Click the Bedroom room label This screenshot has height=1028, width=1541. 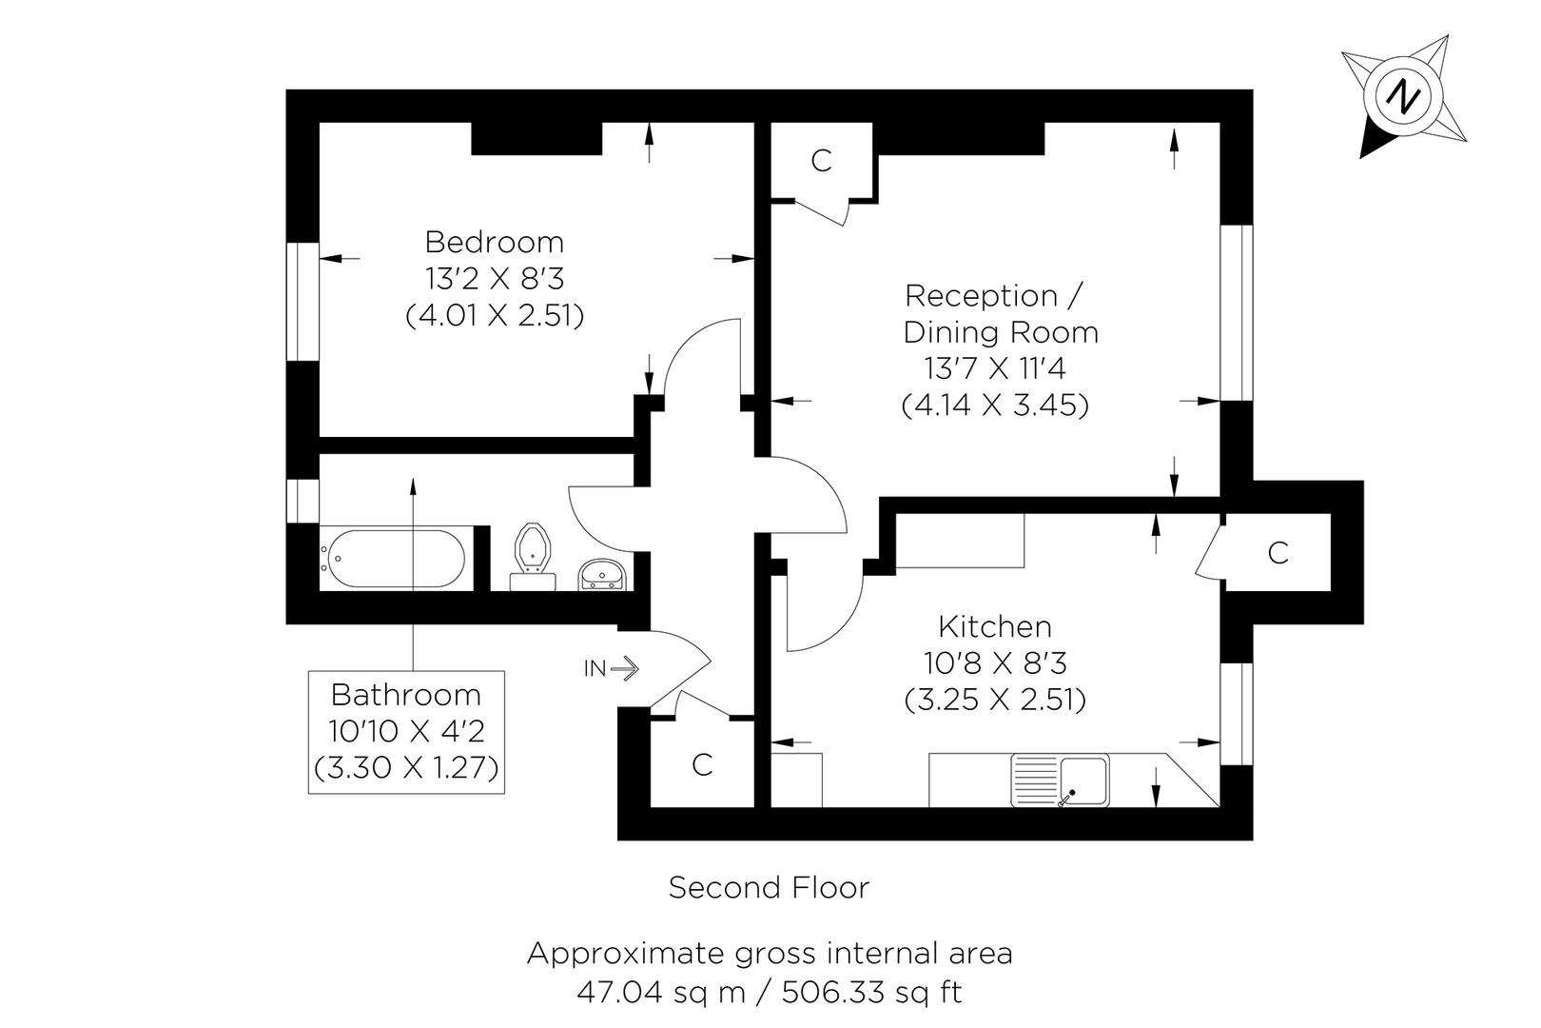tap(494, 242)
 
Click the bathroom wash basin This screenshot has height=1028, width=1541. tap(601, 575)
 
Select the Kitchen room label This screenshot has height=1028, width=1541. tap(995, 626)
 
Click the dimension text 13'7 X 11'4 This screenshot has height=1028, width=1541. tap(995, 368)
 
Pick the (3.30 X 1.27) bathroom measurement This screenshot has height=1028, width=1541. tap(406, 767)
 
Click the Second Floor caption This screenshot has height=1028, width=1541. tap(769, 888)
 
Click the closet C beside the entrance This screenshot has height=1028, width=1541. tap(702, 764)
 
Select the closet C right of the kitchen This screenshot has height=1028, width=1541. tap(1278, 552)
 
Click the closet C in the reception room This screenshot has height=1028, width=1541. tap(821, 161)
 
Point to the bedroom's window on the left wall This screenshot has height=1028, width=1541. tap(302, 301)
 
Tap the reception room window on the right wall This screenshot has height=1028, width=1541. tap(1237, 312)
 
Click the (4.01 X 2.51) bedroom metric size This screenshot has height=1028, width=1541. tap(494, 315)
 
